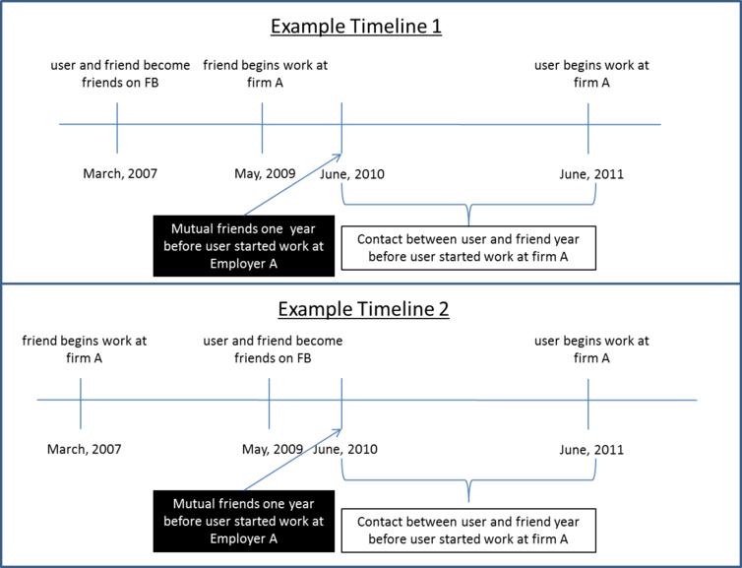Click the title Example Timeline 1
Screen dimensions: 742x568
[356, 26]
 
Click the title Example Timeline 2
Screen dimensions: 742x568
[363, 309]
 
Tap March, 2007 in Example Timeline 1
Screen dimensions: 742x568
[120, 173]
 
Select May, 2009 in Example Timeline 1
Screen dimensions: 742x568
[265, 173]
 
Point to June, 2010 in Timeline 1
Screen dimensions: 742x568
[352, 174]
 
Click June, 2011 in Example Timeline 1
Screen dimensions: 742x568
[591, 174]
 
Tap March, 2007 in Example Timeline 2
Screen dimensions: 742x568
[85, 449]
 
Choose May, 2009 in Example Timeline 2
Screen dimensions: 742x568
[273, 449]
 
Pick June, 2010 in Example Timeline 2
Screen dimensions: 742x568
[345, 449]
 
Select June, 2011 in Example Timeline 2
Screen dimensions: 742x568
[591, 450]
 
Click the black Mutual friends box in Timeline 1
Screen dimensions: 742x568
[244, 246]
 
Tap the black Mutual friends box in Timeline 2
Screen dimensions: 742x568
[244, 521]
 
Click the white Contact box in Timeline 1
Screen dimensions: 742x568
[468, 248]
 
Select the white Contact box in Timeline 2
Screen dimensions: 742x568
[468, 531]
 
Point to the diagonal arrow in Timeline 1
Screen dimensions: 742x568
[293, 185]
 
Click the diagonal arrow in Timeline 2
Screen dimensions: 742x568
[293, 460]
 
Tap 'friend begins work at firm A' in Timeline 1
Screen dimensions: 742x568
[266, 74]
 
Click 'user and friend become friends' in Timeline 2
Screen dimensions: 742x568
[273, 349]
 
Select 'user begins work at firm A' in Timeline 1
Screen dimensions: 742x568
[591, 74]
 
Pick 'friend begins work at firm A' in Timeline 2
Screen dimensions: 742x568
[85, 349]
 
